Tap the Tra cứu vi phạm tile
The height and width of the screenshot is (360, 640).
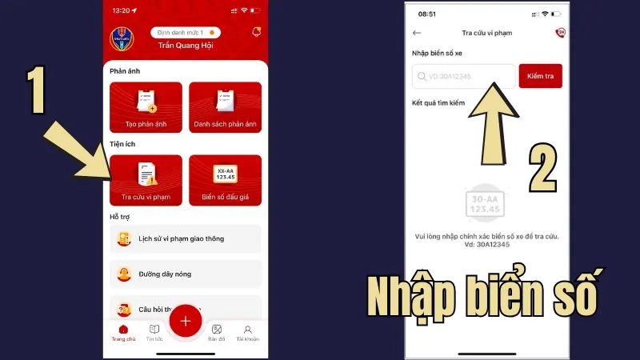pyautogui.click(x=146, y=180)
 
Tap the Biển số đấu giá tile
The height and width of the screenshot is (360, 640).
pyautogui.click(x=225, y=180)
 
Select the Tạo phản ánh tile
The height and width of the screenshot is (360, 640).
pyautogui.click(x=146, y=107)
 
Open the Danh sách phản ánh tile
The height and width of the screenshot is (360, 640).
pyautogui.click(x=225, y=107)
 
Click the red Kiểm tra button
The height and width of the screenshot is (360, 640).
pyautogui.click(x=540, y=76)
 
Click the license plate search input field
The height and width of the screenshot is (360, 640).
pyautogui.click(x=464, y=76)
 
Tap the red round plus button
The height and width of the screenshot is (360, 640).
pyautogui.click(x=186, y=321)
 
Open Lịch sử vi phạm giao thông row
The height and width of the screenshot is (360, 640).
pyautogui.click(x=186, y=238)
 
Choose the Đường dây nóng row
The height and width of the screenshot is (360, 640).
pyautogui.click(x=186, y=274)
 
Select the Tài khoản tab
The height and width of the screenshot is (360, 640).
pyautogui.click(x=248, y=331)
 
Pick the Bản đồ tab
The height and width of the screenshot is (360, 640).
pyautogui.click(x=217, y=331)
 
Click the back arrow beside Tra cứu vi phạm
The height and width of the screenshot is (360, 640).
pyautogui.click(x=417, y=33)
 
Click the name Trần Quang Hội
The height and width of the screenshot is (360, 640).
pyautogui.click(x=186, y=46)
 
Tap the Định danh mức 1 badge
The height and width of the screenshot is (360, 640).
pyautogui.click(x=186, y=33)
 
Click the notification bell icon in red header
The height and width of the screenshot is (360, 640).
pyautogui.click(x=256, y=32)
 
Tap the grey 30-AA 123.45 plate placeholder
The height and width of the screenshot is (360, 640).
pyautogui.click(x=486, y=204)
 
